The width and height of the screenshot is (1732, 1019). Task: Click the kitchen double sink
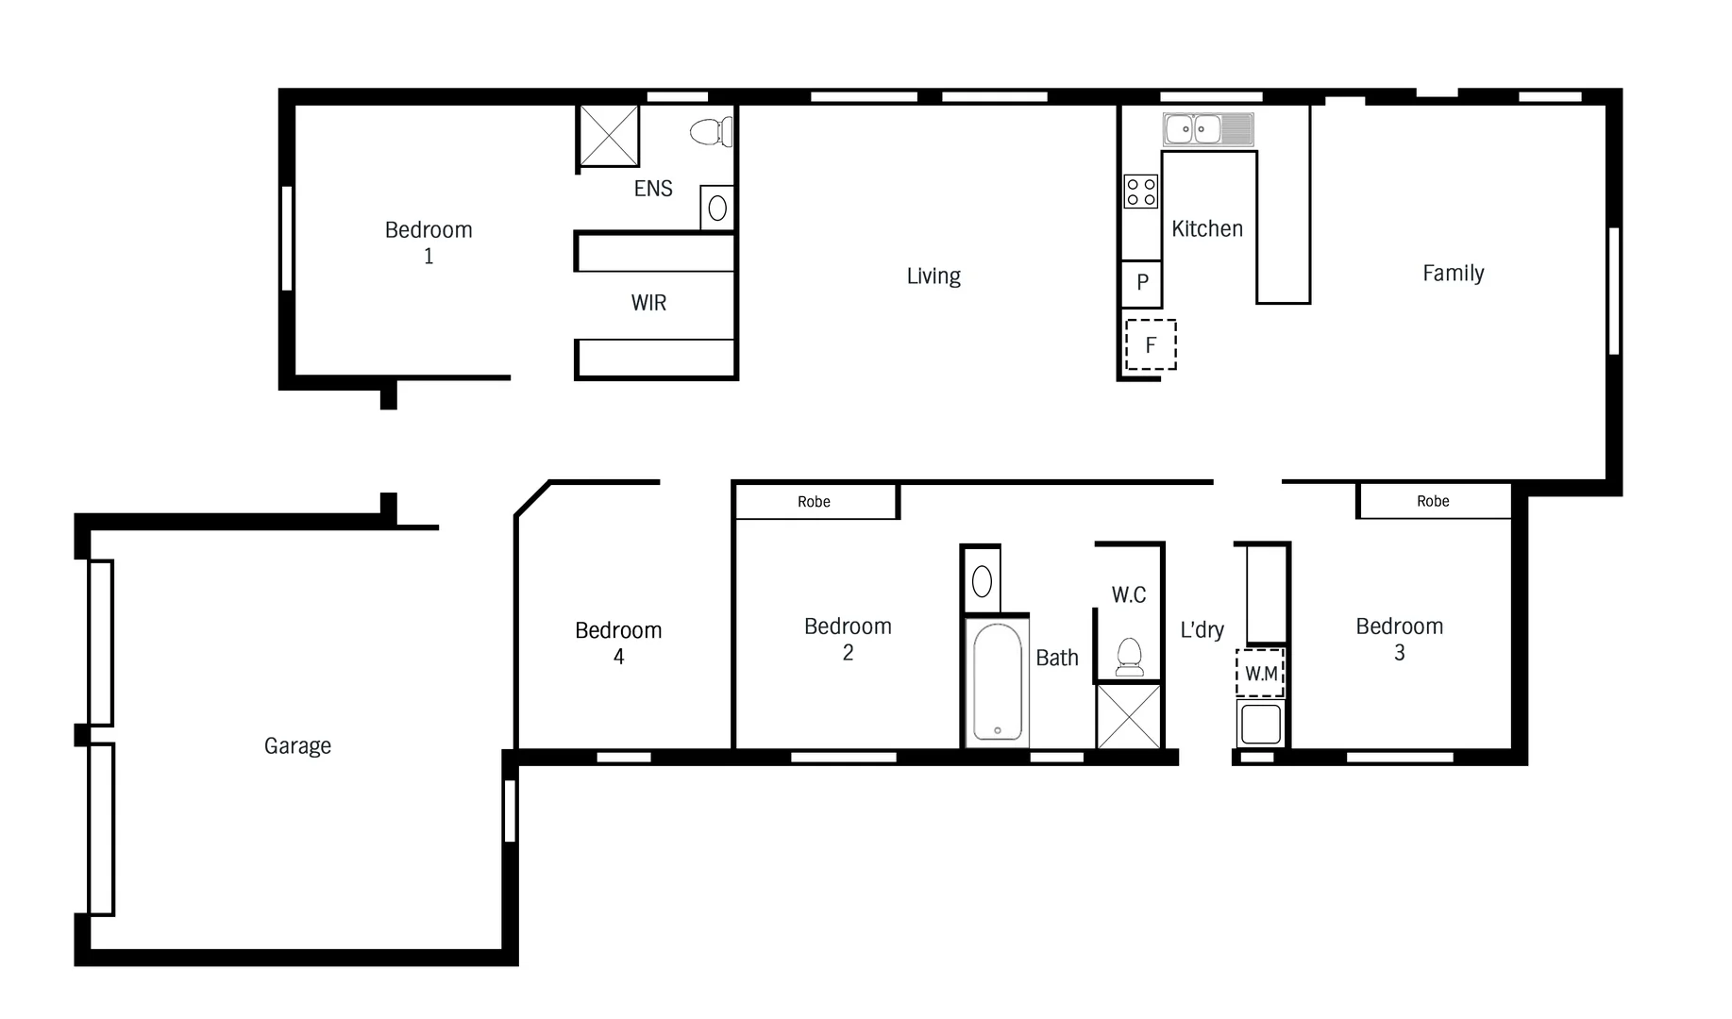point(1208,128)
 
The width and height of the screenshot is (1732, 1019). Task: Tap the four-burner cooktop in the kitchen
point(1140,192)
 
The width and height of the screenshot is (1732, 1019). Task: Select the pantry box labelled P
point(1141,282)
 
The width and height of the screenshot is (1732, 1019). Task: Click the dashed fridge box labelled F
point(1151,345)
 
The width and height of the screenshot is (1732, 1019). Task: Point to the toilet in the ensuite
point(712,132)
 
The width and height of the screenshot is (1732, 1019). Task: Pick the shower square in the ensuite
point(609,136)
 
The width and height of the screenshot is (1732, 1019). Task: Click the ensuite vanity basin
point(717,208)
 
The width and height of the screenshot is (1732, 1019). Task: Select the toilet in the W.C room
point(1129,657)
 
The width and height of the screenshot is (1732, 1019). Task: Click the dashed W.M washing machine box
point(1261,673)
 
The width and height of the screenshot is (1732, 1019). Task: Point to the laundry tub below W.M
point(1260,724)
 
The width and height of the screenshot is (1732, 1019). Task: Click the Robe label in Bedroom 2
point(814,502)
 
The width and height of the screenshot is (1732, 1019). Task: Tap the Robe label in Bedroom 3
point(1432,501)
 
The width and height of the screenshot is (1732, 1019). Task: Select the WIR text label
point(648,303)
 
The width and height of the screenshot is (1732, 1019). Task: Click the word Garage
point(297,745)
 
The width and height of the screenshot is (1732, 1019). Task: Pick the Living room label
point(933,276)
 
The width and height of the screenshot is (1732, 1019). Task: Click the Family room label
point(1453,274)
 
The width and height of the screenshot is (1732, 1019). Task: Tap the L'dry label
point(1202,629)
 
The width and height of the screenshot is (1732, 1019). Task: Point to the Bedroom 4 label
point(618,643)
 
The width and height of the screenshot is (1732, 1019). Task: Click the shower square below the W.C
point(1128,716)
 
